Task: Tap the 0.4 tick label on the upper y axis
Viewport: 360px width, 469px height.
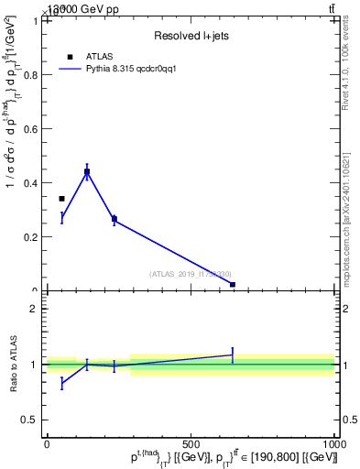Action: (31, 183)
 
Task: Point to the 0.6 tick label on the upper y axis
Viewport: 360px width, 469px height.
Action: (31, 129)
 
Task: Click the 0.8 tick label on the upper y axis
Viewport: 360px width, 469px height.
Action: (31, 75)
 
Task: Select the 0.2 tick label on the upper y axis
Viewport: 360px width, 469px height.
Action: (31, 237)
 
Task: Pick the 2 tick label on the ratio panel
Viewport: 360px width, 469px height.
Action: (34, 309)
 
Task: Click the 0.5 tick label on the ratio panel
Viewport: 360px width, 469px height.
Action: (30, 420)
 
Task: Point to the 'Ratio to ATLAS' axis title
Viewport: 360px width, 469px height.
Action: (15, 364)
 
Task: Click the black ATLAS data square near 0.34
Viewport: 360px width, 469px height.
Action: (61, 198)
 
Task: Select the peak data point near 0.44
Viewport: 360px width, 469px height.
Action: (87, 171)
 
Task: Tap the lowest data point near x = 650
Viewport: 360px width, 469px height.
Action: (233, 285)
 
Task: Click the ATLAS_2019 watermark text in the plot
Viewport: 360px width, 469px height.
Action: (190, 274)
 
